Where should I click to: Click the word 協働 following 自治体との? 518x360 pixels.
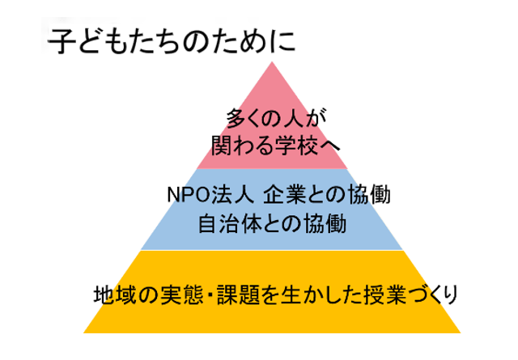328,222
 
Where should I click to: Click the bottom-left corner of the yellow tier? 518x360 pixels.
85,332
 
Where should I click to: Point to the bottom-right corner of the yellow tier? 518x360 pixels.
459,332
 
